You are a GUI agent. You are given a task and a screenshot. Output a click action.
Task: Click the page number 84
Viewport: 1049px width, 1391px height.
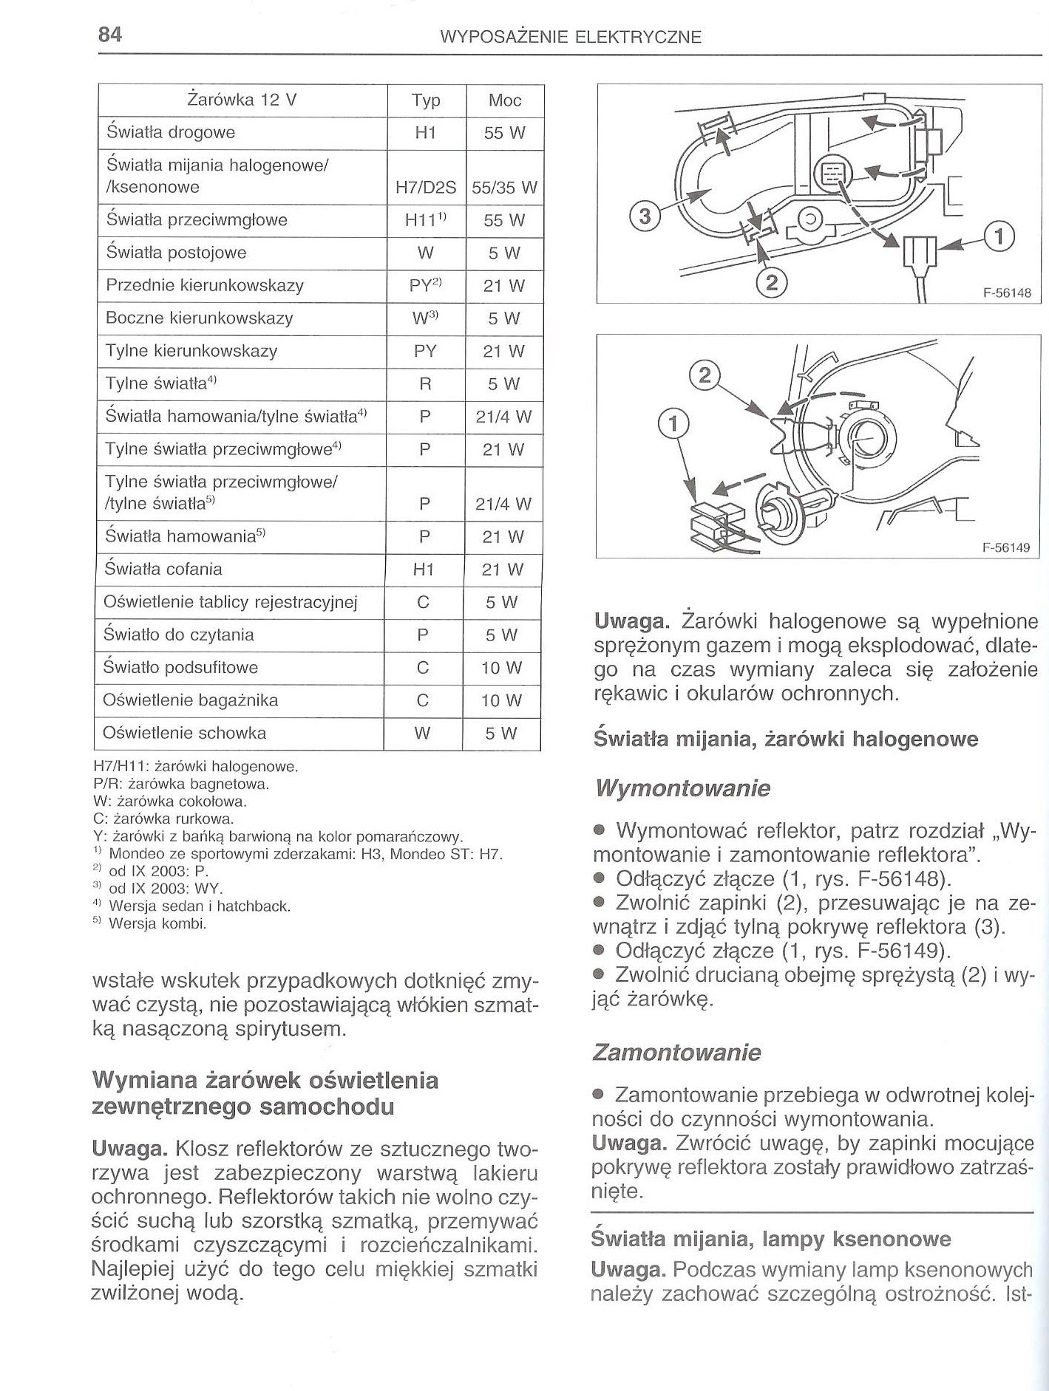[109, 35]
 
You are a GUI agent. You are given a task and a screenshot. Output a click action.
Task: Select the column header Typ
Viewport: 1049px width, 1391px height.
[426, 100]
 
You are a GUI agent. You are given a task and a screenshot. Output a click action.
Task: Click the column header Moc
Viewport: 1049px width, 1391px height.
[505, 100]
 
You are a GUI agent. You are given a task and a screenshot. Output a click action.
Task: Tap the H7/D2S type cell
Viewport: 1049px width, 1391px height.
[426, 188]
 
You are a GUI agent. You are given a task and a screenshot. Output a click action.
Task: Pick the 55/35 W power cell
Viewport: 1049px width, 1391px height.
[504, 188]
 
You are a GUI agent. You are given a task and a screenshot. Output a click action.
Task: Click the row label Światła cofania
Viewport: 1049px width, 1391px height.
[163, 570]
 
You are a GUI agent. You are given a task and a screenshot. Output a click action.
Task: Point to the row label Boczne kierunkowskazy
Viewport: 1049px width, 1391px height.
[199, 318]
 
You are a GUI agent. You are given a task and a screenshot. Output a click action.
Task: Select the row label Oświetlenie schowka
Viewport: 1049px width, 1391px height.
[184, 734]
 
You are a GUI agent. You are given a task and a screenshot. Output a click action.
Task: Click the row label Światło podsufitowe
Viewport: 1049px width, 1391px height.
[180, 668]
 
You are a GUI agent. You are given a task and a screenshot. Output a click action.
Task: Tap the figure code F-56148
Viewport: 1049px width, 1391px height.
[1006, 293]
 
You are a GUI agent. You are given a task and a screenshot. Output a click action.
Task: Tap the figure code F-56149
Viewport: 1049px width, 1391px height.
[1005, 548]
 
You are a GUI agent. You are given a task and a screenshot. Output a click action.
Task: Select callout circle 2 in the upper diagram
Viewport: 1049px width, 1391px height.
[771, 283]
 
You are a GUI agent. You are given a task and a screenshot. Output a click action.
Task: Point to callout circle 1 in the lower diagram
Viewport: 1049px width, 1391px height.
[673, 424]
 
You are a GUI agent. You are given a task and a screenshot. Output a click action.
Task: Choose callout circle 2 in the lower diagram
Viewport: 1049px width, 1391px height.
[704, 377]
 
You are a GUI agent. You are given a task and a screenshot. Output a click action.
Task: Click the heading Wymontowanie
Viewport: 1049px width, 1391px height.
[682, 789]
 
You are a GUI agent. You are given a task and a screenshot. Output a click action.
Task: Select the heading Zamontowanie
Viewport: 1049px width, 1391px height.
[676, 1052]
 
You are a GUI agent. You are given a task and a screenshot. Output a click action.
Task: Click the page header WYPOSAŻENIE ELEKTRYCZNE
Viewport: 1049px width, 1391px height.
[570, 37]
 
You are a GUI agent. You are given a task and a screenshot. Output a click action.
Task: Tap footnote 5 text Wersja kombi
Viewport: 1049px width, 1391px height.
[157, 923]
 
